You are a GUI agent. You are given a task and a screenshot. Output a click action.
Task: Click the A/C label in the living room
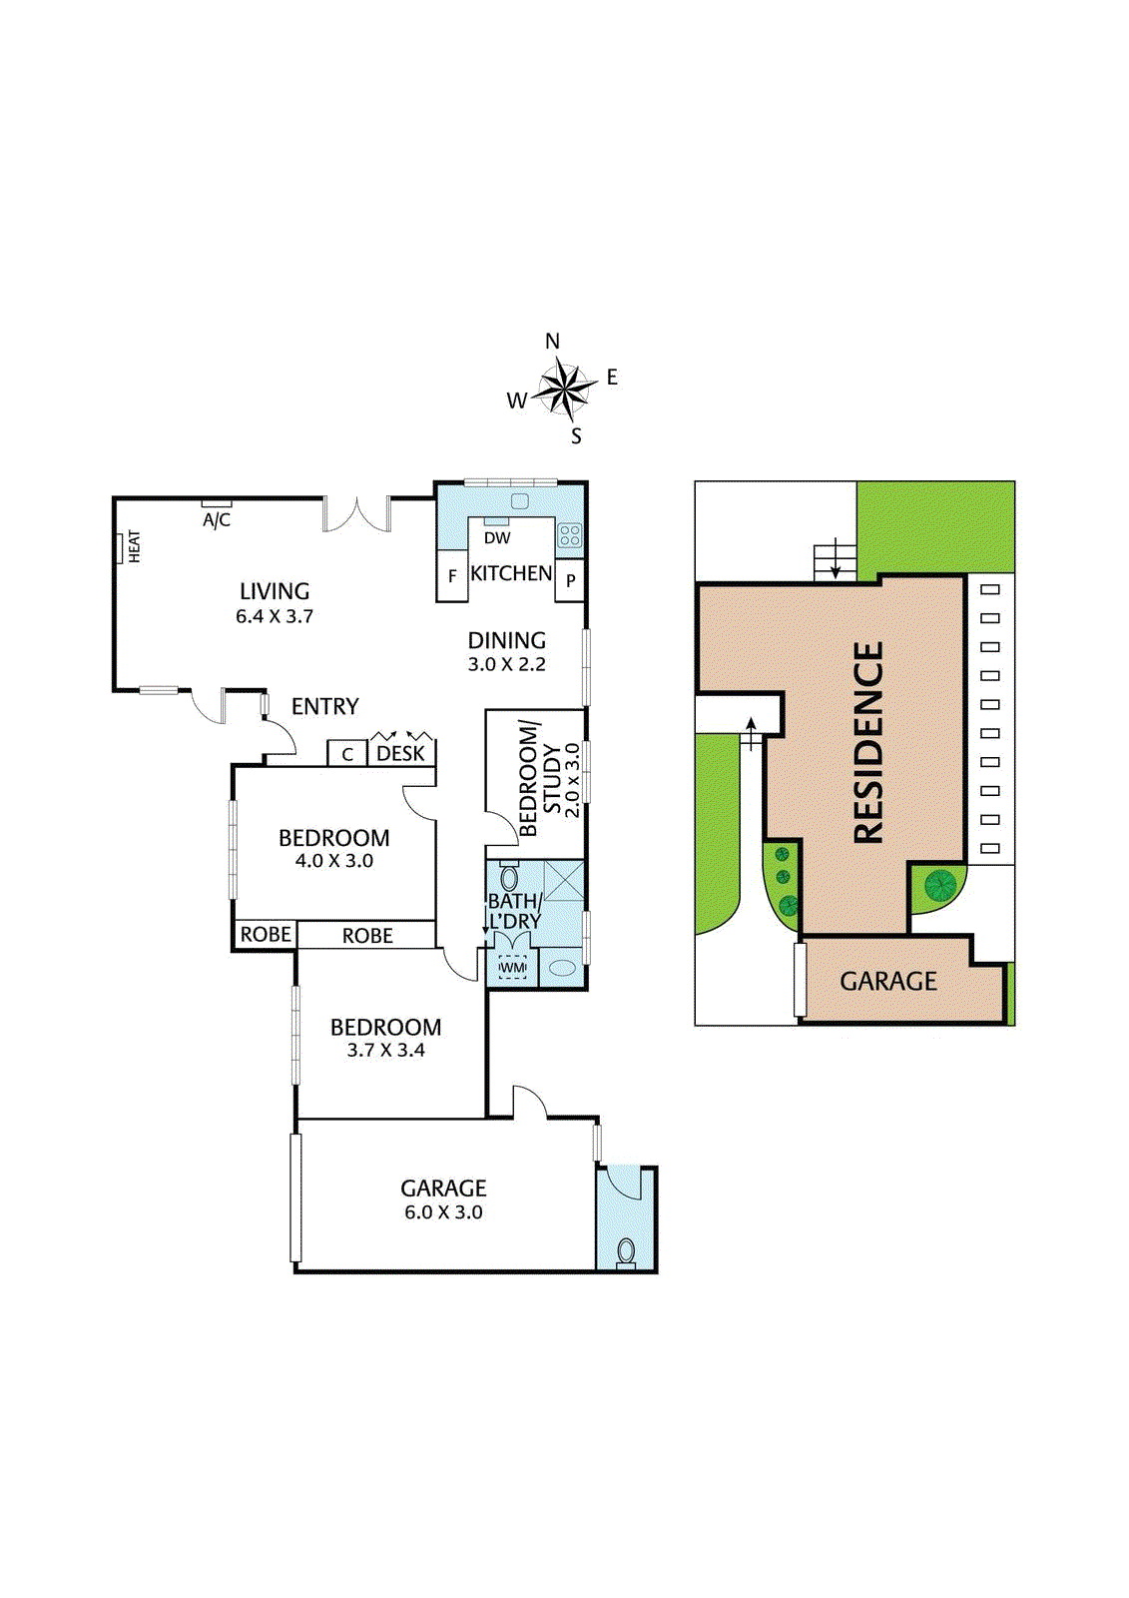(217, 519)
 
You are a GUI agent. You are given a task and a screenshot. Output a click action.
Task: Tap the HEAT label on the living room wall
(134, 546)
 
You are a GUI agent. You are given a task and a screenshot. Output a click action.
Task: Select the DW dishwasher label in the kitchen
(497, 537)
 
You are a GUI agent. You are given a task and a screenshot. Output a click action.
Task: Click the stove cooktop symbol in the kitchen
(569, 534)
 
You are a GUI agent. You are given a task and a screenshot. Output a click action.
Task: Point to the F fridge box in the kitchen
(452, 576)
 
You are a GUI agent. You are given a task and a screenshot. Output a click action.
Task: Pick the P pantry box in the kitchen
(570, 580)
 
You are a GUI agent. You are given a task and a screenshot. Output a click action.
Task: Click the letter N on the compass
(552, 342)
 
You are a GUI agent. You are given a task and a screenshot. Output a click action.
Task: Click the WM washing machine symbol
(512, 968)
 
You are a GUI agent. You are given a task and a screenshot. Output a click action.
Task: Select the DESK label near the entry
(400, 753)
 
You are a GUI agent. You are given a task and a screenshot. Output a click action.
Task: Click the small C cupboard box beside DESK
(347, 754)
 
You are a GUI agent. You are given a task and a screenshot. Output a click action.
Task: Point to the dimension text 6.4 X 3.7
(275, 616)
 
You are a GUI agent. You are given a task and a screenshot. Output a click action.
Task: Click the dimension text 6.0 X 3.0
(443, 1211)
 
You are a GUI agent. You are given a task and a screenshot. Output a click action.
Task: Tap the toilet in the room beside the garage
(626, 1250)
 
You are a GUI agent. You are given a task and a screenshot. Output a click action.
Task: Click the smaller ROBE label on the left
(266, 934)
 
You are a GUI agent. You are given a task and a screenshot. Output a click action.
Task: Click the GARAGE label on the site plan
(887, 981)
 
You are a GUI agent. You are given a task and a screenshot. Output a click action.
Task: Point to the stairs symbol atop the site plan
(835, 559)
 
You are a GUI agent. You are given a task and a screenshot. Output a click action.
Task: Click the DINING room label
(507, 640)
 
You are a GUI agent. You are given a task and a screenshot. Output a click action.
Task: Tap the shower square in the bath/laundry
(563, 880)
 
